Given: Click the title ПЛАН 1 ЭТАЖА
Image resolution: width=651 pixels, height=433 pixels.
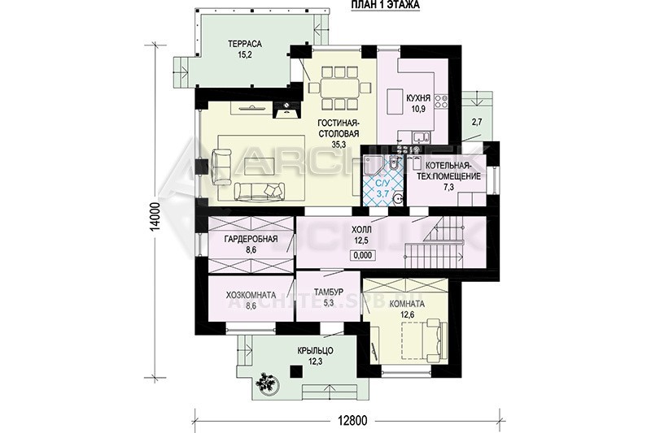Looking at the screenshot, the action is click(x=385, y=5).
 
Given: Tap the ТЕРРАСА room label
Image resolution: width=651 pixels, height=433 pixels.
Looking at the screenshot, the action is click(x=244, y=44).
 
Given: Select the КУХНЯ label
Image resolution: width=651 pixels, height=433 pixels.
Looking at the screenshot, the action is click(x=418, y=99).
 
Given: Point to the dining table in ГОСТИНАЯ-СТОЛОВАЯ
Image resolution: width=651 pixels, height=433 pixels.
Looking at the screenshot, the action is click(x=340, y=88).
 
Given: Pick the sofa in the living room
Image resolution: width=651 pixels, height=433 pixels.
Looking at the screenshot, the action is click(x=260, y=190).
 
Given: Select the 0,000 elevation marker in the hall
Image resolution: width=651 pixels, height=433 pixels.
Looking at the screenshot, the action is click(x=363, y=256).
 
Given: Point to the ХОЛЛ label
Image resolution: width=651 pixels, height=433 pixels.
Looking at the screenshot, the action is click(x=361, y=230).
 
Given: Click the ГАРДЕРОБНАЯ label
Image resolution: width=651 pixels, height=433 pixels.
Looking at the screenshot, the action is click(x=251, y=239).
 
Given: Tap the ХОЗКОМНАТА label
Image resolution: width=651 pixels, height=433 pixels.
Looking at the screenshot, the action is click(x=251, y=296).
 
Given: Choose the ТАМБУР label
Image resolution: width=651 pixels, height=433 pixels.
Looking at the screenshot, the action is click(x=329, y=292).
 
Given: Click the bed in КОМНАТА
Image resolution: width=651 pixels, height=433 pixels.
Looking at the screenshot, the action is click(x=423, y=339).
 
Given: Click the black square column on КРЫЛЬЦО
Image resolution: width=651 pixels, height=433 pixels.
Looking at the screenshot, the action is click(x=296, y=371).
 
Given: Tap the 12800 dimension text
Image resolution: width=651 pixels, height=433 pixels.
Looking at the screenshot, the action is click(x=352, y=421).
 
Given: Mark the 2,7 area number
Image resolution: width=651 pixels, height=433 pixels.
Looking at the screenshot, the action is click(x=477, y=122).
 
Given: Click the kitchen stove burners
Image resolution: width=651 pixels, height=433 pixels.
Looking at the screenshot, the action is click(x=441, y=102).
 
